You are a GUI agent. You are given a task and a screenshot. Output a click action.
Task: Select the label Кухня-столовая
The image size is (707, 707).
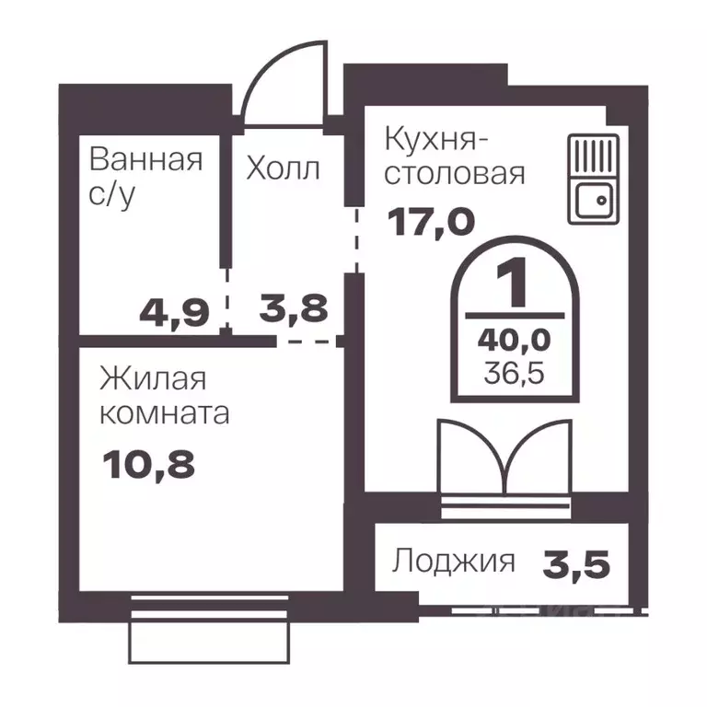click(454, 156)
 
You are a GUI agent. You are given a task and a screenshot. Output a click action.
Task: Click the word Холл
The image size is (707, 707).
click(283, 168)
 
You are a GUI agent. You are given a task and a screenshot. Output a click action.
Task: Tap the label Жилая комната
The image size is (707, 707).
click(164, 396)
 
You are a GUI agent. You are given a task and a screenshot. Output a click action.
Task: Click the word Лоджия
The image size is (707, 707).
click(453, 561)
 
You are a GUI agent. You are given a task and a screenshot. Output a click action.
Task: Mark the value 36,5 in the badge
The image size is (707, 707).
click(515, 374)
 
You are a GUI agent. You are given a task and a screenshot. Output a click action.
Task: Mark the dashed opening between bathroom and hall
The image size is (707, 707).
click(226, 298)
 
